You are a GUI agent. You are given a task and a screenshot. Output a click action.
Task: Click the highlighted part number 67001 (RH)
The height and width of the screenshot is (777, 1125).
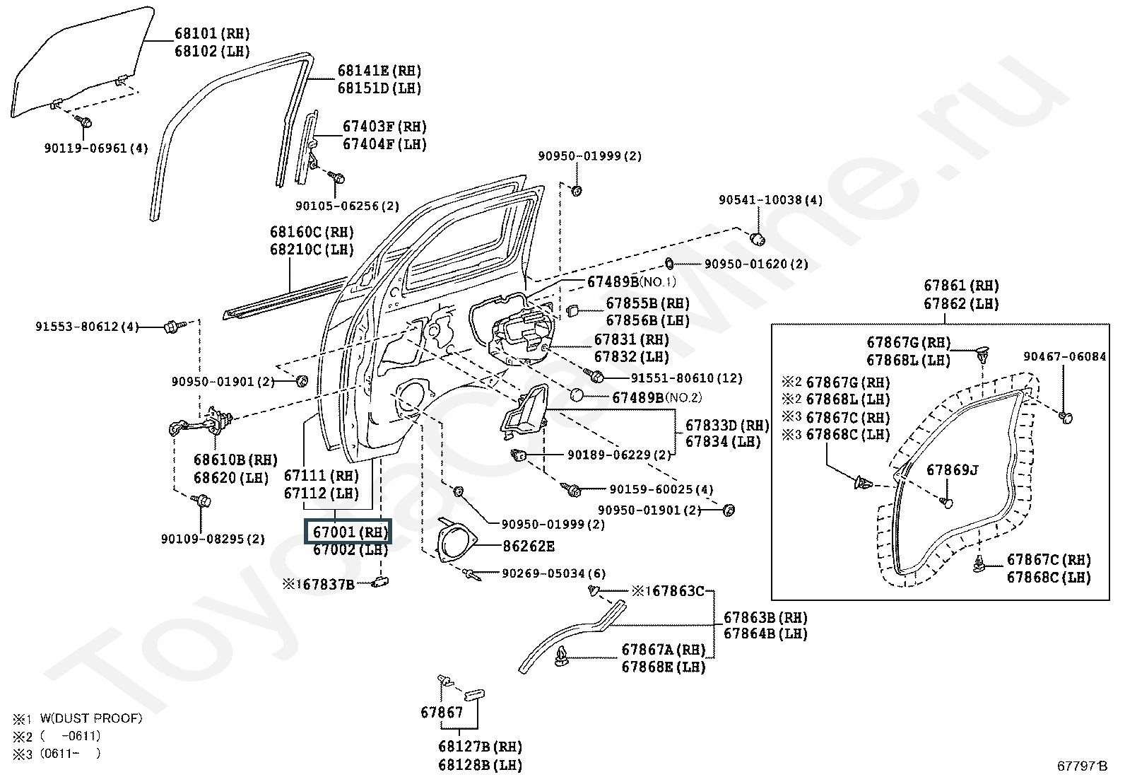[346, 532]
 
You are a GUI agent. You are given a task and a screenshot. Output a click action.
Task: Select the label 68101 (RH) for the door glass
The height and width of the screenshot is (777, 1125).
[212, 33]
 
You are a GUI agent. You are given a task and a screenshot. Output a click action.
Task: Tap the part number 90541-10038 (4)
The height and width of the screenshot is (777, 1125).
[770, 200]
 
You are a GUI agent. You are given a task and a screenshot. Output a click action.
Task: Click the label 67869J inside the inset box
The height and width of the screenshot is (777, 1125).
[952, 469]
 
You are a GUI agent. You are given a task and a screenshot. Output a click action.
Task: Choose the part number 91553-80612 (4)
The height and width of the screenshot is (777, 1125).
[87, 327]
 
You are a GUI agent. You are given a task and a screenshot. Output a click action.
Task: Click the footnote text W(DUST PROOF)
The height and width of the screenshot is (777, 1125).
[91, 718]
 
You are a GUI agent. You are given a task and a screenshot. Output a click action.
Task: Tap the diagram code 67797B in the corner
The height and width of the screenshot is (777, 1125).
[1082, 766]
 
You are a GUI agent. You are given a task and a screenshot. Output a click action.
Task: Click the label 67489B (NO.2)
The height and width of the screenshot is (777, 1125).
[656, 398]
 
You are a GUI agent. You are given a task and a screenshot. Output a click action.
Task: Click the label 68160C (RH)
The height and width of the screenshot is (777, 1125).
[312, 232]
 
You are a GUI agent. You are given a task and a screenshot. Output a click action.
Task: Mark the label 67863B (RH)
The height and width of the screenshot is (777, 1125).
[765, 617]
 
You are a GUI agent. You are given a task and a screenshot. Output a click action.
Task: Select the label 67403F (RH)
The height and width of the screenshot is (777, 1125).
[384, 127]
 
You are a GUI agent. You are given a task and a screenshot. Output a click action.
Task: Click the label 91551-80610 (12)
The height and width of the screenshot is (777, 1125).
[686, 378]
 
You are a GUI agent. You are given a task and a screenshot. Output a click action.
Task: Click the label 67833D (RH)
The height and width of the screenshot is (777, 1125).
[726, 425]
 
